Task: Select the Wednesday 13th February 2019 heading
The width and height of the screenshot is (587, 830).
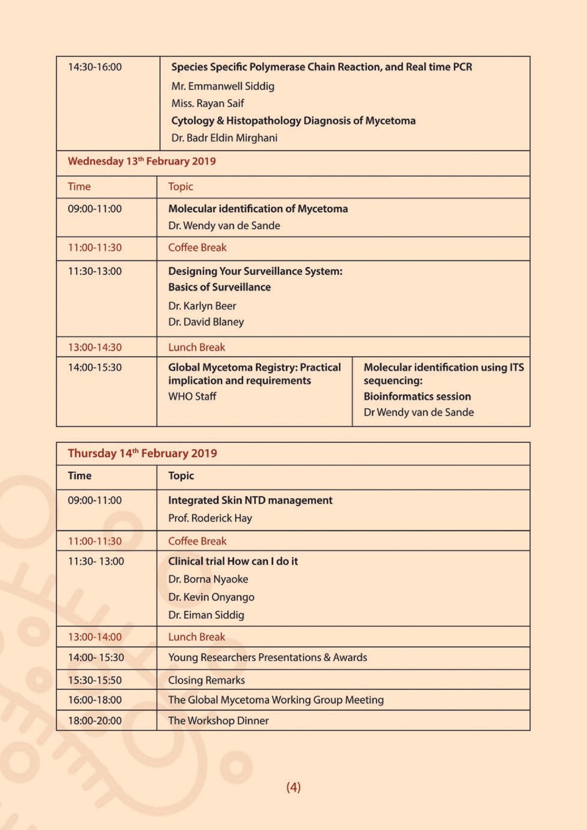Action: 142,161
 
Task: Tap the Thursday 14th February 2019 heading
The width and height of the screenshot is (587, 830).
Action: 142,453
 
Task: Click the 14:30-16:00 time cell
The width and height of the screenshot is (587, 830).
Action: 95,67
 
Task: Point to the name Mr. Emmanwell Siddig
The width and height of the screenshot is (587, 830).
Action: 223,86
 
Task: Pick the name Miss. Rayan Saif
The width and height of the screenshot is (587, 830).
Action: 208,103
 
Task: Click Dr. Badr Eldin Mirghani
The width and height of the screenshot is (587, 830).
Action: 224,138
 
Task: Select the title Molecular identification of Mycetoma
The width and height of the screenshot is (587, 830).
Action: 258,208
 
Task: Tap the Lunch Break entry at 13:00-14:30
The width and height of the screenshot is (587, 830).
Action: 197,347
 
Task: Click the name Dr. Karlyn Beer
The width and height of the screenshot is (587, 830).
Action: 202,306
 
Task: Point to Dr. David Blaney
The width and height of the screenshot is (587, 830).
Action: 206,322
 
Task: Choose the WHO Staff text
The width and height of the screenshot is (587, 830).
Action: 192,396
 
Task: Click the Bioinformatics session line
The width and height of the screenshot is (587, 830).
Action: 417,396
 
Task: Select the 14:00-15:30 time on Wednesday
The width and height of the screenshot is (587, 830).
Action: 95,367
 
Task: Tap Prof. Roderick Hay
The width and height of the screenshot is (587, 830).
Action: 210,518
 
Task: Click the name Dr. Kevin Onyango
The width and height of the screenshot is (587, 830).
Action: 211,597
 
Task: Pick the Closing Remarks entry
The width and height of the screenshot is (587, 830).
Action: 206,680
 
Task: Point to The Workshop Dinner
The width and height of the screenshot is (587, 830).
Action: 218,720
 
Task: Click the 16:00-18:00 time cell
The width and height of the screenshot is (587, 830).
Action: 95,700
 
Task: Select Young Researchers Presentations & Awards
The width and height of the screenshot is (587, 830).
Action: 267,657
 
